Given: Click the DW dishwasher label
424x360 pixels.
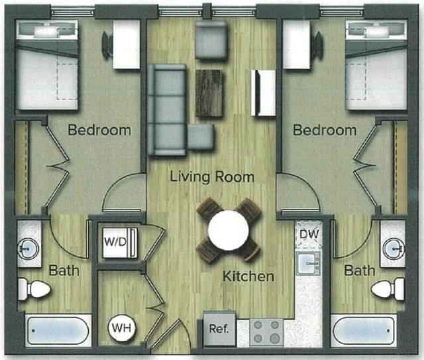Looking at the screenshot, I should tap(308, 234).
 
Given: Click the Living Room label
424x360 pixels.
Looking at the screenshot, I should tap(211, 177).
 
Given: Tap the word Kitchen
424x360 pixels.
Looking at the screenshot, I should tap(248, 276).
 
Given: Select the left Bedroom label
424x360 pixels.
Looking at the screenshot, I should tap(99, 130).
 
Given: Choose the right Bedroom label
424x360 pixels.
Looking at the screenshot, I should tap(325, 130).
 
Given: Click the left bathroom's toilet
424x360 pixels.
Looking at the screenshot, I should tap(34, 289).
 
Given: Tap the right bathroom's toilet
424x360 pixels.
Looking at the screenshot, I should tap(388, 289).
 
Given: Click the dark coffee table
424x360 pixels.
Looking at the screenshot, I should tap(211, 93).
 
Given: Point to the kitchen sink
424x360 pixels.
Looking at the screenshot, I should tap(308, 264).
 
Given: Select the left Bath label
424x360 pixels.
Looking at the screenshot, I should tap(64, 270).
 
